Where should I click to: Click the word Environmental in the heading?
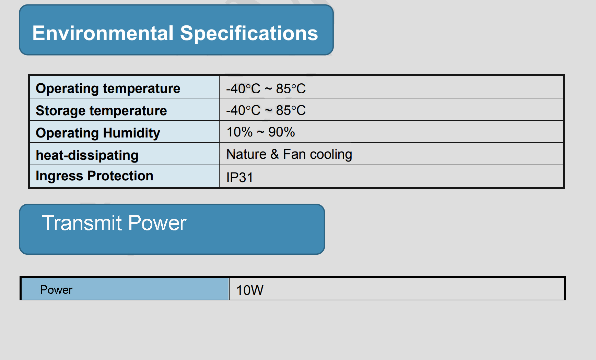[103, 33]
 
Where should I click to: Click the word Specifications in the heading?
[249, 34]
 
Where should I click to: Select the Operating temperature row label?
[108, 88]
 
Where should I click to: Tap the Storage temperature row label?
[101, 111]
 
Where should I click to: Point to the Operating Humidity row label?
[98, 133]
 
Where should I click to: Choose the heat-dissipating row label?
[87, 155]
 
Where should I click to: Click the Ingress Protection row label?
[94, 176]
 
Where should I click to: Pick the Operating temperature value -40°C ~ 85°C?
[266, 88]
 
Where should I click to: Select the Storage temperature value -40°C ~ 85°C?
[266, 110]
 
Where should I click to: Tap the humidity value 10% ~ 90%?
[261, 132]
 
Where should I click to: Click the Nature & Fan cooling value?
[289, 154]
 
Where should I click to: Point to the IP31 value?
[239, 178]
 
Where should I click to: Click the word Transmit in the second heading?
[82, 223]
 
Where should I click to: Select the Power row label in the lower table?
[56, 290]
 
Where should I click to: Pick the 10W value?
[250, 290]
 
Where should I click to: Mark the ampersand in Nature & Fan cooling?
[274, 154]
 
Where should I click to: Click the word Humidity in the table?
[131, 133]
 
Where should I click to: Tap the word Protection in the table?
[120, 176]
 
